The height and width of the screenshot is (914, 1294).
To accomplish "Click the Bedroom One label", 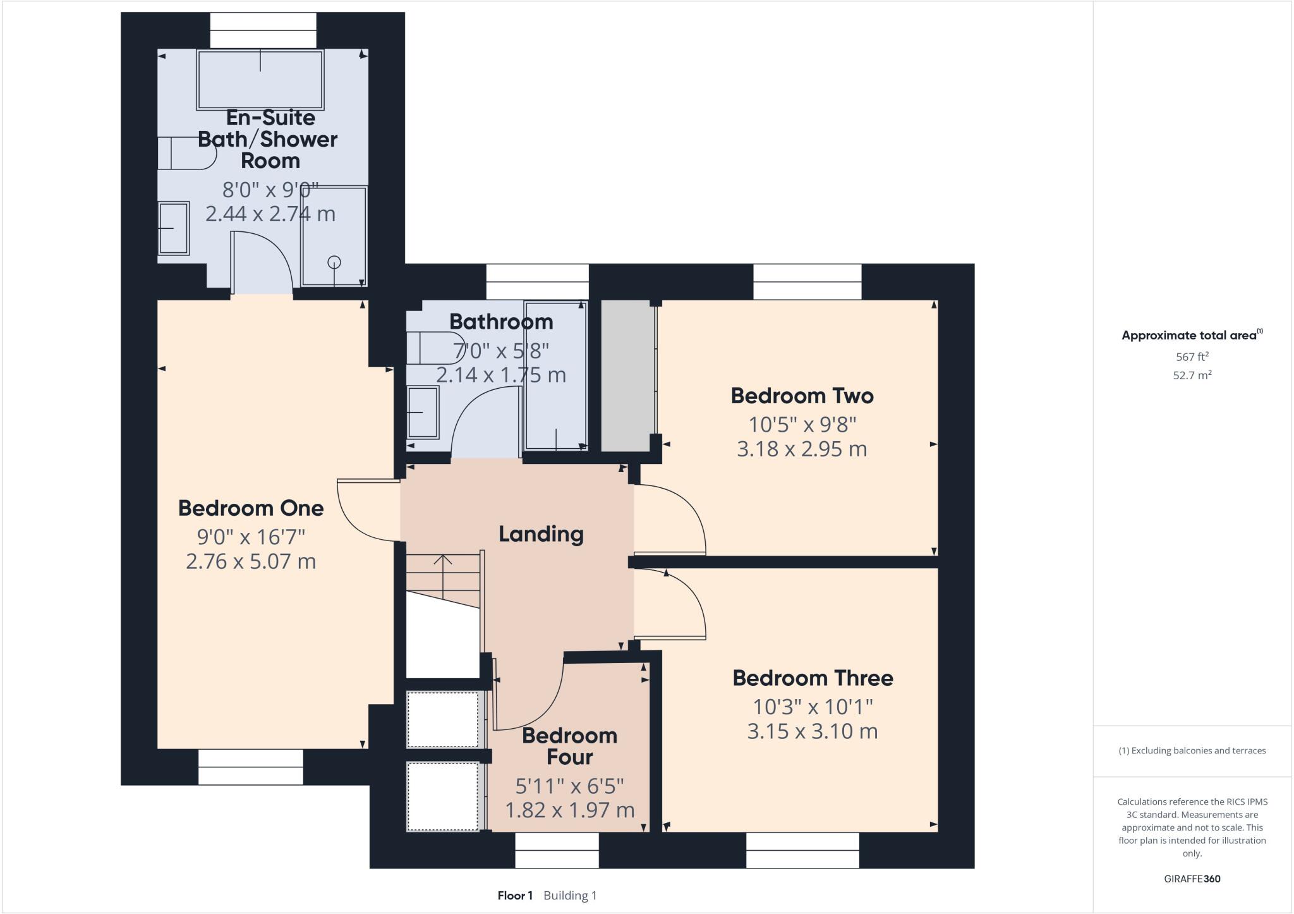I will pos(251,508).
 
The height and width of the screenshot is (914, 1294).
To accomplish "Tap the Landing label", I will pos(541,534).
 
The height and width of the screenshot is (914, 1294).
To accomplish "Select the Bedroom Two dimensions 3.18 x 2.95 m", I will pos(802,449).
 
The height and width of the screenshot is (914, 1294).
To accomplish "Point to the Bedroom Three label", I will pos(813,678).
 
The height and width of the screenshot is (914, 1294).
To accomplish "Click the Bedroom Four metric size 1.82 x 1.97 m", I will pos(569,810).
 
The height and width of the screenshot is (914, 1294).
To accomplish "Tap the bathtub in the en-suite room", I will pos(260,80).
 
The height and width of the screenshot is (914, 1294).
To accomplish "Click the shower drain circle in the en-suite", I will pos(334,262).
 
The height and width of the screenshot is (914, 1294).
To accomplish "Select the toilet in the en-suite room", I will pos(183,154).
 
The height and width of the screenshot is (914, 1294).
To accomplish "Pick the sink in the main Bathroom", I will pos(423,412).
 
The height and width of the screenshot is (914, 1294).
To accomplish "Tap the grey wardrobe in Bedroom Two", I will pos(627,376).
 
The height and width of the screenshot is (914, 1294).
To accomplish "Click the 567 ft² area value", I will pos(1192,356).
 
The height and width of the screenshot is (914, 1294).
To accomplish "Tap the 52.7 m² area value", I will pos(1192,375).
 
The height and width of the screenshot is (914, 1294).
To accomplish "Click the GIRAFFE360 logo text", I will pos(1192,879).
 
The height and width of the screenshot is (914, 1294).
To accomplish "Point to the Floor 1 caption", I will pos(515,896).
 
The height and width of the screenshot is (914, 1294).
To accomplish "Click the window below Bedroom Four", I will pos(557,850).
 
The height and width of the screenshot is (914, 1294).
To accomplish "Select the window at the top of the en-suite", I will pos(263,30).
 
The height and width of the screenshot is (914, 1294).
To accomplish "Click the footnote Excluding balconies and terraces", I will pos(1192,751).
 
